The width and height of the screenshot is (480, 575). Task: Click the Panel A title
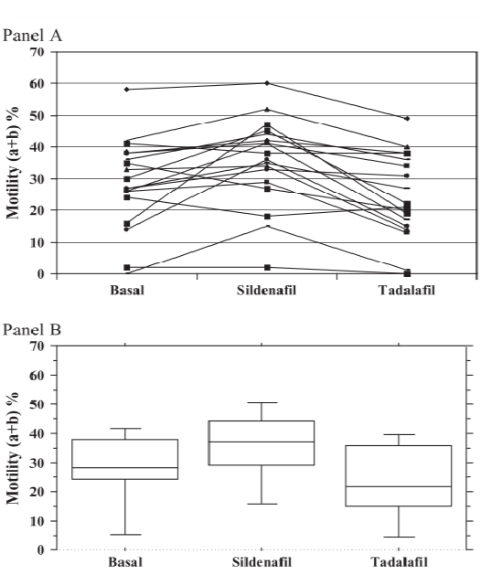(32, 36)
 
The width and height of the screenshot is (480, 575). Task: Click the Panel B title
(32, 330)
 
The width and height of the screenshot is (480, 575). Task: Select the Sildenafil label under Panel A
(266, 291)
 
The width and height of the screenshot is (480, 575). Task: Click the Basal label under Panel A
(127, 291)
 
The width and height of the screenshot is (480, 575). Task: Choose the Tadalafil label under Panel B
(399, 562)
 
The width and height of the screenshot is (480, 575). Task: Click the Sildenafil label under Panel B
(261, 562)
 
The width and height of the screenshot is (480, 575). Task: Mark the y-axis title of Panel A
(13, 163)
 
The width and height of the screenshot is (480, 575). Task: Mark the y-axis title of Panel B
(13, 448)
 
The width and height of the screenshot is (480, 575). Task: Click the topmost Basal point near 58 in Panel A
(127, 90)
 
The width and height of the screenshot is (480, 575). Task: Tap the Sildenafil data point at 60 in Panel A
(267, 83)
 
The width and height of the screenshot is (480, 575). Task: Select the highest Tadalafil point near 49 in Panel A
(407, 119)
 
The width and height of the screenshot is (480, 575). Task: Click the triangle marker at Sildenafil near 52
(267, 110)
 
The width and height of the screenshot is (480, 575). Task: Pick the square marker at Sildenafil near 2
(267, 267)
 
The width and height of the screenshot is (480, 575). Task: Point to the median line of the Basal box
(125, 467)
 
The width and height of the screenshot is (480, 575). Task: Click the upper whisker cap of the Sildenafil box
(261, 402)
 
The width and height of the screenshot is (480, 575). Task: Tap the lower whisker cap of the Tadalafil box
(399, 537)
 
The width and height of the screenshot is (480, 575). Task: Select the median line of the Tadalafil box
(399, 486)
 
